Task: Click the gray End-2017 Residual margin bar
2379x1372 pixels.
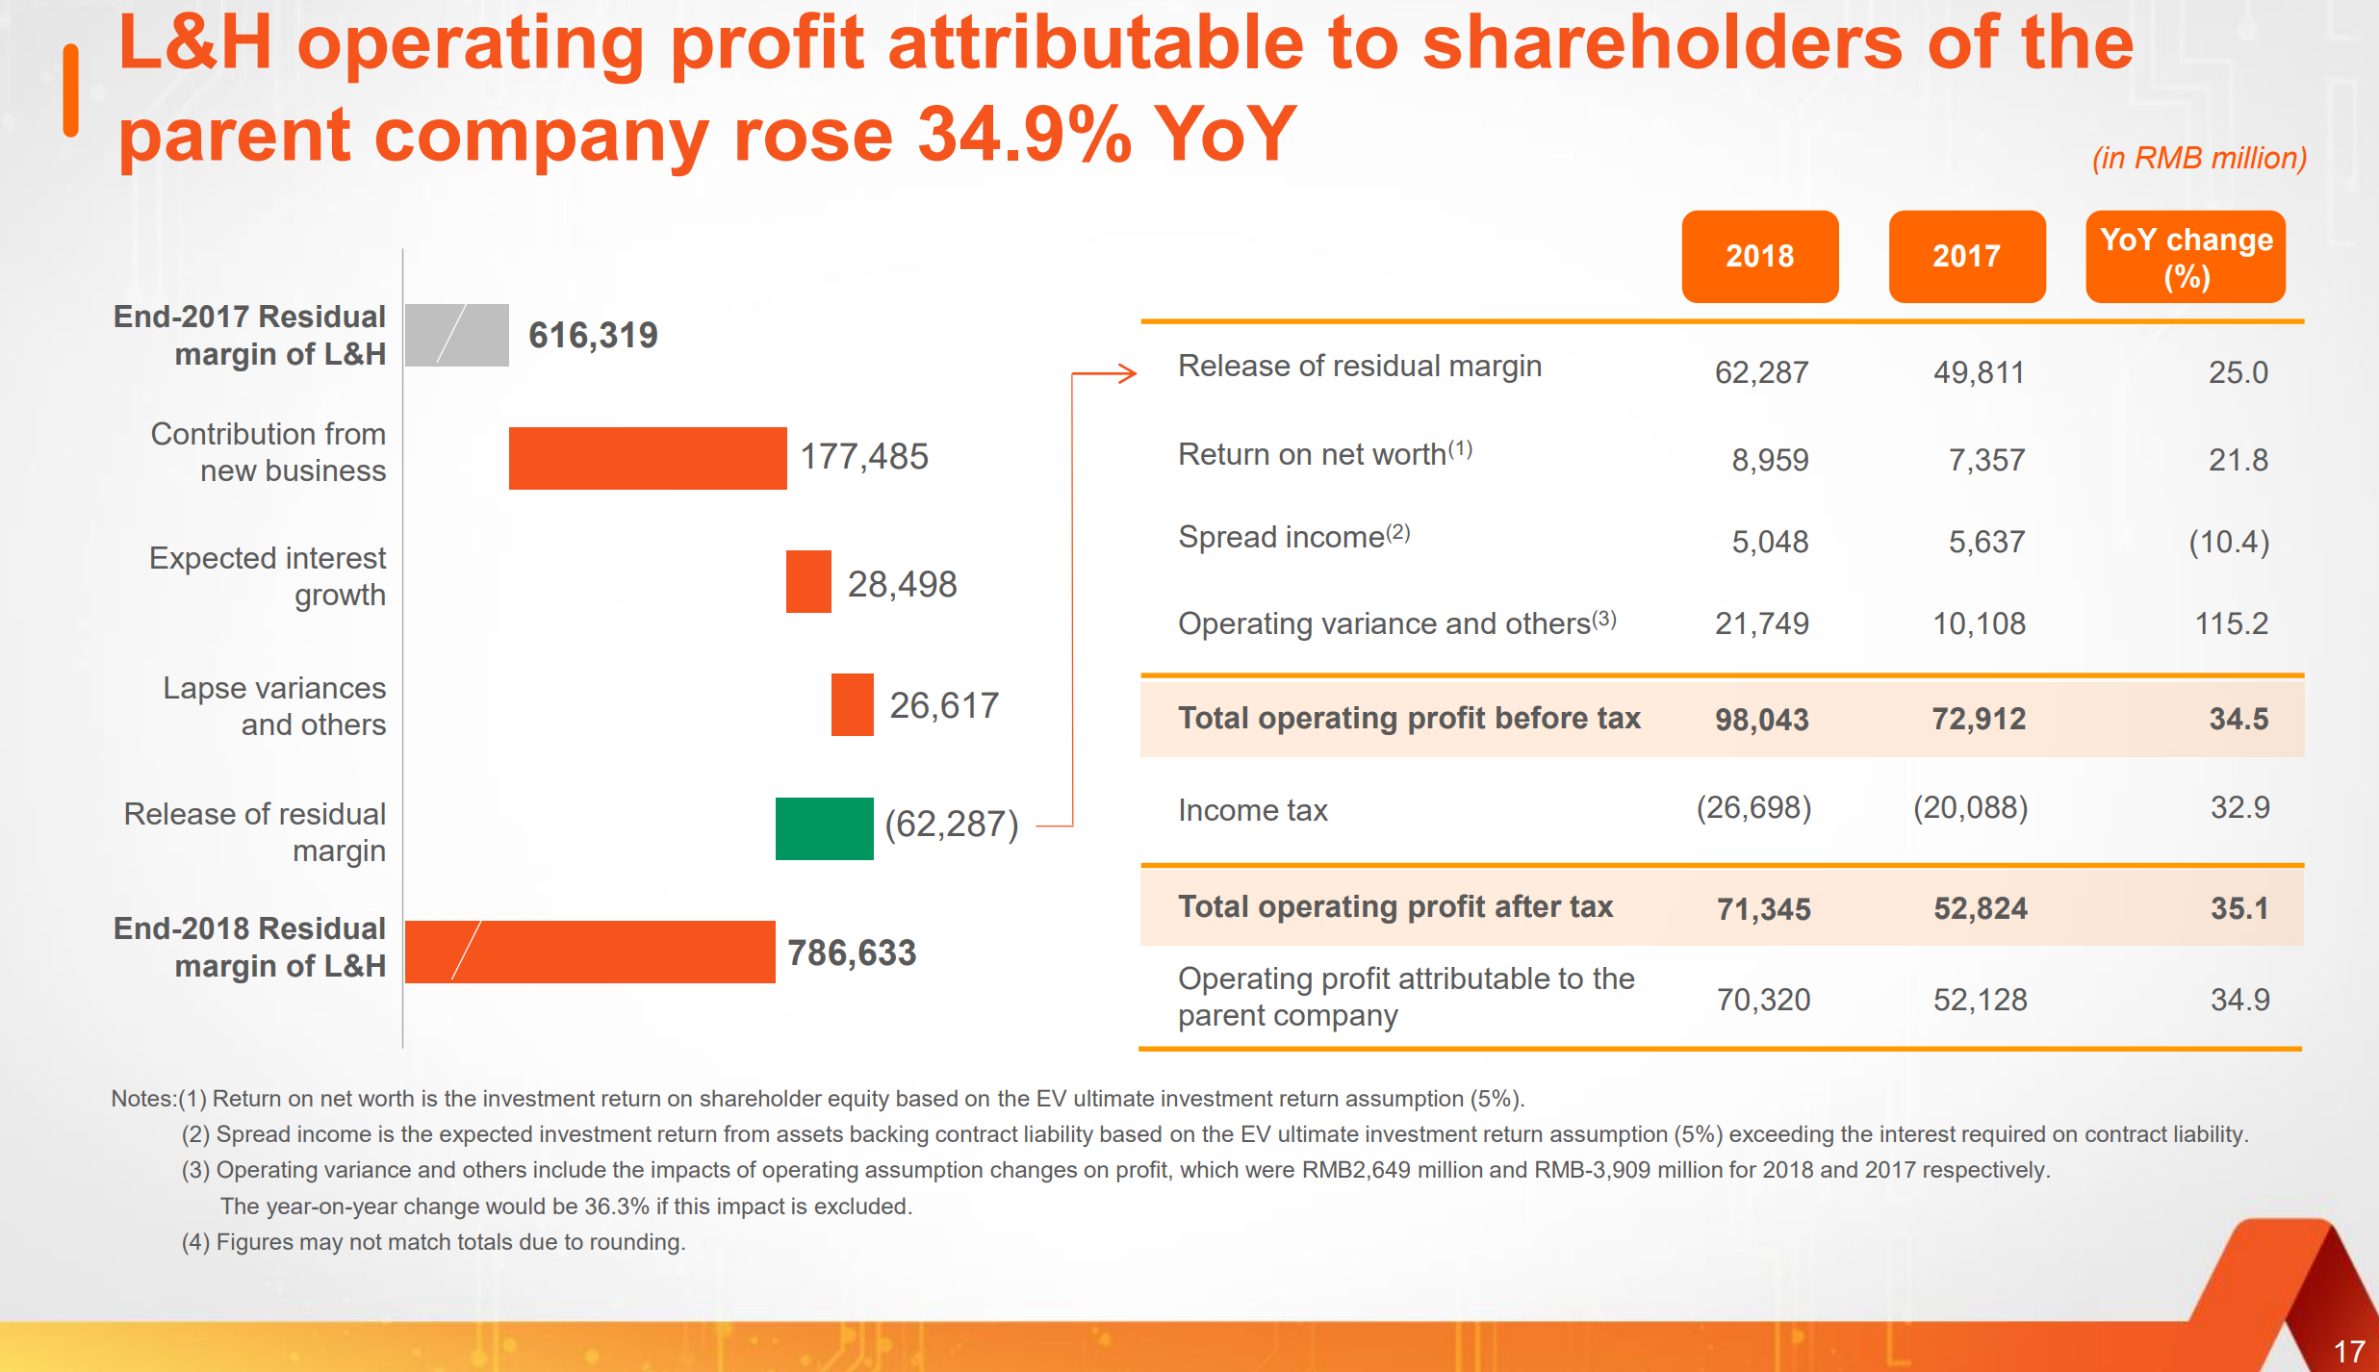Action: click(x=457, y=335)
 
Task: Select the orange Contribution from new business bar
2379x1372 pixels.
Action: click(x=648, y=458)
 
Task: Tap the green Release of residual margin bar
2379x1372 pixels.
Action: click(x=824, y=828)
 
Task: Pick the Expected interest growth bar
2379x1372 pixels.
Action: click(x=808, y=581)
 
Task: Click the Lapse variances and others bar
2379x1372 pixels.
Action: click(x=852, y=704)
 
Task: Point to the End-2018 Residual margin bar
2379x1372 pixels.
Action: click(x=590, y=952)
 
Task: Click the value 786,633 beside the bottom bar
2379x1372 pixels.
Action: click(x=852, y=953)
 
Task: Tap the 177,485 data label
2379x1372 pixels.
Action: click(x=864, y=456)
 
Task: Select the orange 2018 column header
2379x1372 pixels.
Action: click(x=1759, y=256)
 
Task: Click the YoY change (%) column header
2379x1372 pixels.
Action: click(x=2186, y=257)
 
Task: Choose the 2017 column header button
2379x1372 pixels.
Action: click(x=1966, y=256)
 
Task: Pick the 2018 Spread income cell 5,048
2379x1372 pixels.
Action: click(x=1770, y=542)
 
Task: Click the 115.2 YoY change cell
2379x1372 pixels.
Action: click(x=2231, y=623)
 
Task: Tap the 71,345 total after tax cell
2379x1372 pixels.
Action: click(x=1763, y=908)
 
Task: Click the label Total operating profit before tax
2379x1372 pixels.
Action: click(x=1409, y=718)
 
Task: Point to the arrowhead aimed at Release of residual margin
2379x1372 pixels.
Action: click(x=1128, y=373)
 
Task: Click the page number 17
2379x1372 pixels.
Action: click(x=2349, y=1351)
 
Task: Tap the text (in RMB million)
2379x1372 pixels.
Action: click(x=2199, y=158)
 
